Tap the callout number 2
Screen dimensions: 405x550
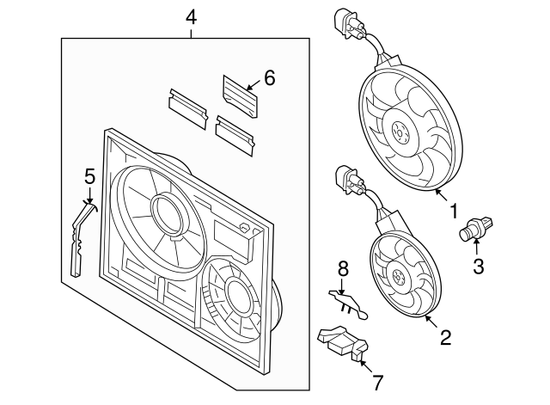click(445, 337)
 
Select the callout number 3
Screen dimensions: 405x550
click(479, 266)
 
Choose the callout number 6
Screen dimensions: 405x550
click(269, 78)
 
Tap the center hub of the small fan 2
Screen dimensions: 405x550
click(400, 275)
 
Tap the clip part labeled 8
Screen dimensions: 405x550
click(347, 301)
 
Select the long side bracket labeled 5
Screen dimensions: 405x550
click(79, 236)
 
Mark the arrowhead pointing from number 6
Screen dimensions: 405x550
click(246, 89)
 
